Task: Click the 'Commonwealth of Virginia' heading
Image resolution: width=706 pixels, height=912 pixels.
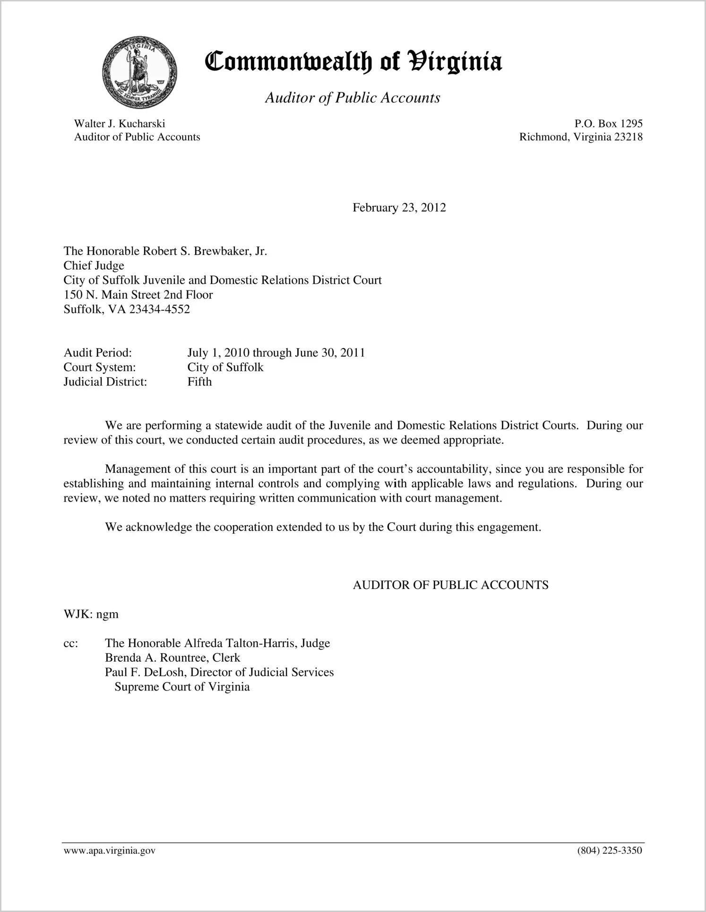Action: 353,62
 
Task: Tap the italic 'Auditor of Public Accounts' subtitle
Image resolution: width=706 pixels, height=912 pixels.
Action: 353,98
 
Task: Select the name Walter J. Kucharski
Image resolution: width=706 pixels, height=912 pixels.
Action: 120,124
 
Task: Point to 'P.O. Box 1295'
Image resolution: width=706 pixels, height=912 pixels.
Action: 608,124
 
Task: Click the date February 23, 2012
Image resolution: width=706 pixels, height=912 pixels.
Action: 399,208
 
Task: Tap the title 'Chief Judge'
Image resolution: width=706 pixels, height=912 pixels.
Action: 94,266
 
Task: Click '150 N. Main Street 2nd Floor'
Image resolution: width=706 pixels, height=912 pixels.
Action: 138,295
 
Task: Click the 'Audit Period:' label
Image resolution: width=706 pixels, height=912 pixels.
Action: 97,353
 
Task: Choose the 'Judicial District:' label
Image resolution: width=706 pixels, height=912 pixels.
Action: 105,382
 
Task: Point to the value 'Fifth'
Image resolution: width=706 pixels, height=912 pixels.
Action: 199,382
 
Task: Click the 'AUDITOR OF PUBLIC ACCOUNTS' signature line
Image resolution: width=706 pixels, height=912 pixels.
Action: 450,585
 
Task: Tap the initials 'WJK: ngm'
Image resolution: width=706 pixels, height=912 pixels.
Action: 91,614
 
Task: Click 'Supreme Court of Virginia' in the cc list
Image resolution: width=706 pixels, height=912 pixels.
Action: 182,687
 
